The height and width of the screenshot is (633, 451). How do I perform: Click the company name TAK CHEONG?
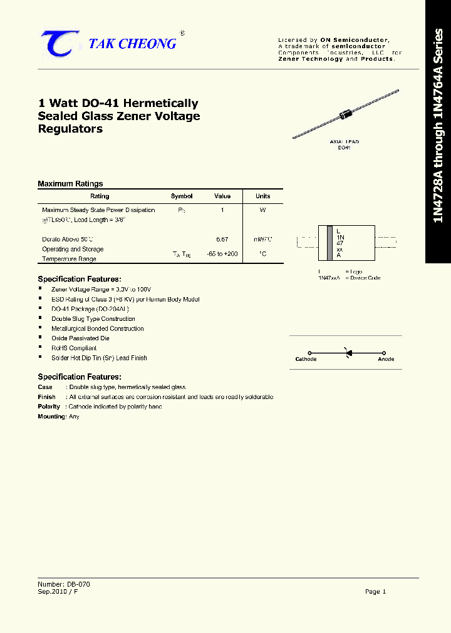(x=132, y=43)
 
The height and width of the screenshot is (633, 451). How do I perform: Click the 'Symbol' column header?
(x=182, y=196)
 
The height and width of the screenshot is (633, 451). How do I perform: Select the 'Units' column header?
(x=263, y=196)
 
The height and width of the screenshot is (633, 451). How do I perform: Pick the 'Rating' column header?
(x=100, y=196)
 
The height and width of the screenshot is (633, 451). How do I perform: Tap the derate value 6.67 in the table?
(x=222, y=239)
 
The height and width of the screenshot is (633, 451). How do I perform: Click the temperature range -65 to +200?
(x=222, y=254)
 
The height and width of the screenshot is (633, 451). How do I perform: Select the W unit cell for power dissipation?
(x=263, y=210)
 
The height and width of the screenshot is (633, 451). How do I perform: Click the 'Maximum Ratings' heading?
(x=70, y=184)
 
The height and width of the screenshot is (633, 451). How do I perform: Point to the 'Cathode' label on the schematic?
(x=306, y=359)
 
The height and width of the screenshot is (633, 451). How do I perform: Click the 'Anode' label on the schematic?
(x=386, y=359)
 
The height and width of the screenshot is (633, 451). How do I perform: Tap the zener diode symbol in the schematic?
(x=348, y=353)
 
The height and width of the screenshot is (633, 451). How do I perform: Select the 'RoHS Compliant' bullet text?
(x=74, y=348)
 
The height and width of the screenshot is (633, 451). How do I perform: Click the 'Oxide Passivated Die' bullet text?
(x=80, y=338)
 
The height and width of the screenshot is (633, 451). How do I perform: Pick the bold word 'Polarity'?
(x=49, y=407)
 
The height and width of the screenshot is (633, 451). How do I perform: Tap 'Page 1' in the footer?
(x=375, y=591)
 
